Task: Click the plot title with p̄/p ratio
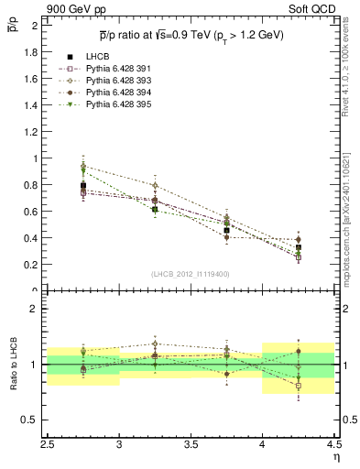point(191,36)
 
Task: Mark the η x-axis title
point(336,457)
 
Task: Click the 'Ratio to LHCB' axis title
point(12,365)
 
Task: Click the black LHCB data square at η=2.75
point(83,186)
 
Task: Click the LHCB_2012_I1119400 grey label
point(191,274)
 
